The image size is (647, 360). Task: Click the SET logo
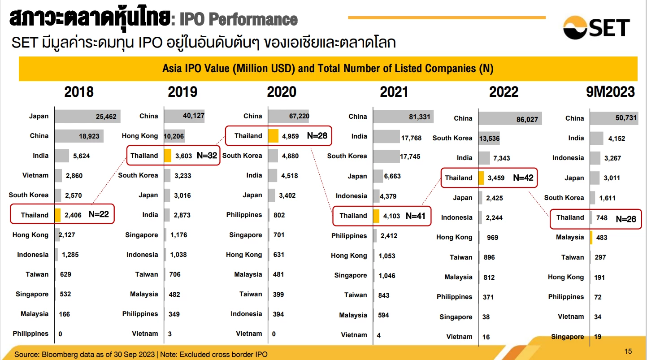point(596,27)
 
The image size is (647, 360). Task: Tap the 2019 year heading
point(182,92)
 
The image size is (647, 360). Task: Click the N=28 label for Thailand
point(317,136)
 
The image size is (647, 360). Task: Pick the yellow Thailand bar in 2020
point(274,136)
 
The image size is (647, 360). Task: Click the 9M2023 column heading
point(610,92)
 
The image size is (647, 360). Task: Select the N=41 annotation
point(415,216)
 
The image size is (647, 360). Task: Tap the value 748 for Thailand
point(602,218)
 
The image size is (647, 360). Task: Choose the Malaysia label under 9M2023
point(570,237)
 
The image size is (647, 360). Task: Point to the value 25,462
point(106,117)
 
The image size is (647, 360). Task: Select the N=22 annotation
point(98,214)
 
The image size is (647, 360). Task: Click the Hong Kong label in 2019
point(140,136)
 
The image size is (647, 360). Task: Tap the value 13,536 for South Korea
point(488,138)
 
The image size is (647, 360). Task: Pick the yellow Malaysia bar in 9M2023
point(591,237)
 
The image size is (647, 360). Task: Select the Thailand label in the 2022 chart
point(459,178)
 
